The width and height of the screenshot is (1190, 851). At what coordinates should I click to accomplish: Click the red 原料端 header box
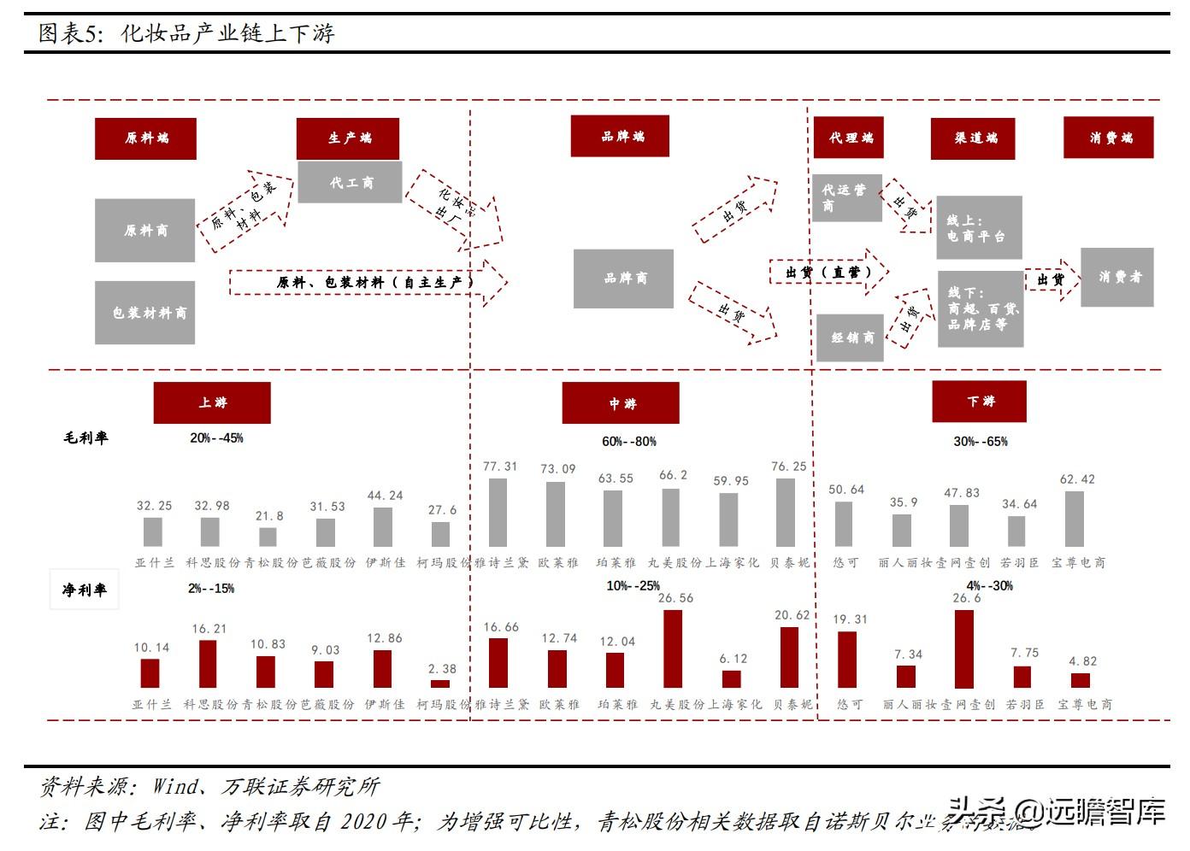[x=145, y=138]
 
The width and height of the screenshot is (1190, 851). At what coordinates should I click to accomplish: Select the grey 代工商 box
[x=350, y=182]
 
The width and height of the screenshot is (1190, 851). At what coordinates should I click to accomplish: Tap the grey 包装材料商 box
[x=145, y=313]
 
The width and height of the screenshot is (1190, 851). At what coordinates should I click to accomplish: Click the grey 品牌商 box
[x=623, y=279]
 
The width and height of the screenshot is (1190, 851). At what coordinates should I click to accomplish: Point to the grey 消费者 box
[x=1116, y=278]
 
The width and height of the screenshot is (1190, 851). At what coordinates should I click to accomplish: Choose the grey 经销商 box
[x=851, y=337]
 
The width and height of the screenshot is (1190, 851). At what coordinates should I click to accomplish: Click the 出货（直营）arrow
[x=828, y=273]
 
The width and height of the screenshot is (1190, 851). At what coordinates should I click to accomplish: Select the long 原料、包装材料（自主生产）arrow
[x=368, y=282]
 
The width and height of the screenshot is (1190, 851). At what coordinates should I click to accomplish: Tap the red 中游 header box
[x=621, y=403]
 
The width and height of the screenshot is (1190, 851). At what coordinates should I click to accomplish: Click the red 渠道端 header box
[x=973, y=138]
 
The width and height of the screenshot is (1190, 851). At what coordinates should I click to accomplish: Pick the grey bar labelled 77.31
[x=498, y=513]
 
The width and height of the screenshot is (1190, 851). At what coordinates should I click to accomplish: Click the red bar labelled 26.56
[x=673, y=649]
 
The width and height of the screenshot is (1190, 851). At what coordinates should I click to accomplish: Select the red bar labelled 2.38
[x=440, y=684]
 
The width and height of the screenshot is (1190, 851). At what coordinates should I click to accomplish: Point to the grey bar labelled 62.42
[x=1075, y=519]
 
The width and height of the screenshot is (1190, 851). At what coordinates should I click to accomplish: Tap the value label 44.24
[x=385, y=496]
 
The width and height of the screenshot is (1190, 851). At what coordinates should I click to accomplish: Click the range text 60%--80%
[x=628, y=442]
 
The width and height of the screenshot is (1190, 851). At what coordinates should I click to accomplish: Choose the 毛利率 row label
[x=85, y=438]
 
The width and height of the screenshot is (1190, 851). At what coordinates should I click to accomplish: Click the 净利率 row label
[x=85, y=590]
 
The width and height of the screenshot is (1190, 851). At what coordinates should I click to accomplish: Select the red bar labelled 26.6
[x=964, y=649]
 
